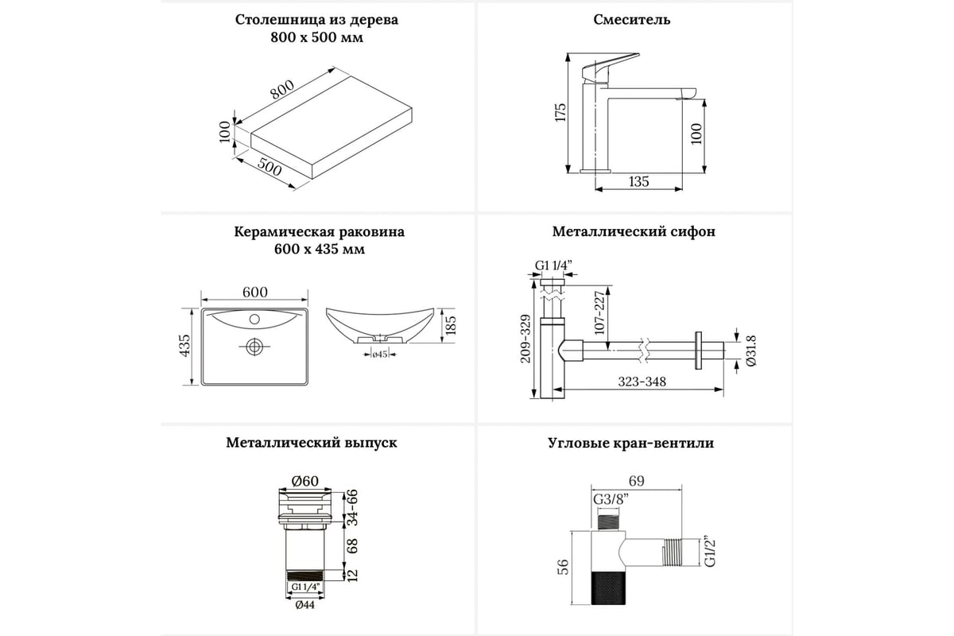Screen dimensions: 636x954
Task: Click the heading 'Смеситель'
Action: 631,20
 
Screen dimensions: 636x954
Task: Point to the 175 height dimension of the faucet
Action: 560,112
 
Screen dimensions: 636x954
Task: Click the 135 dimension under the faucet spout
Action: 638,181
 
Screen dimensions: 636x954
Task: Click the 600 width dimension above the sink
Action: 254,293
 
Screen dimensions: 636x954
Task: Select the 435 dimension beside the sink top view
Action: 185,347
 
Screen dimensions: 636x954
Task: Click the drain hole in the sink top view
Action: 254,347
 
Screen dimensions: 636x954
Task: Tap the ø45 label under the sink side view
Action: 379,355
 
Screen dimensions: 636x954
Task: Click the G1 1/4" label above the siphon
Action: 553,265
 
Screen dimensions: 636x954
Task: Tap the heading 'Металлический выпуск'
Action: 312,443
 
